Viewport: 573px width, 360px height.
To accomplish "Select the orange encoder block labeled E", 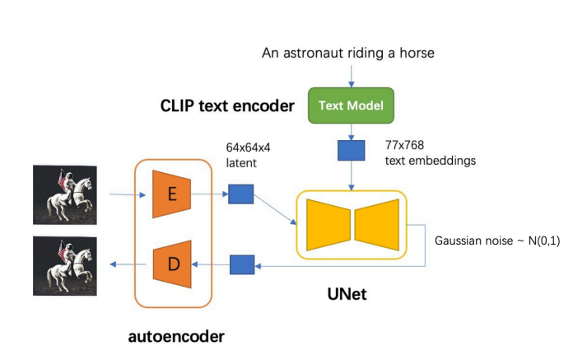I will pos(172,194).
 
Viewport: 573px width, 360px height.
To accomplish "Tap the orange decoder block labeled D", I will pos(172,264).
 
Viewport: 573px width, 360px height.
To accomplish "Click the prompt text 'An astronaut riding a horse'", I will pos(347,54).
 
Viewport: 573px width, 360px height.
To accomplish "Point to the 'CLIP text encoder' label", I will pos(226,106).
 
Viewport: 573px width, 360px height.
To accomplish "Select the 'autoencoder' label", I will pos(175,336).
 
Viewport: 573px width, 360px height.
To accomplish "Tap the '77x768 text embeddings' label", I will pos(430,153).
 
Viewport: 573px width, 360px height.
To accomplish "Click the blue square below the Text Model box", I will pos(351,150).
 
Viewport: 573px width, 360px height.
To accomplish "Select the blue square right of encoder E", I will pos(240,194).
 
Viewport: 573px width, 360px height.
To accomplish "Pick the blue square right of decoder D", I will pos(240,264).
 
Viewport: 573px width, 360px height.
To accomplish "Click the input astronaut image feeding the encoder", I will pos(65,195).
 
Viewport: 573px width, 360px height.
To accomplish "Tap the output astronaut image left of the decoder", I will pos(65,265).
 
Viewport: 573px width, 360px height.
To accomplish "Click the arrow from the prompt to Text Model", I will pos(352,75).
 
